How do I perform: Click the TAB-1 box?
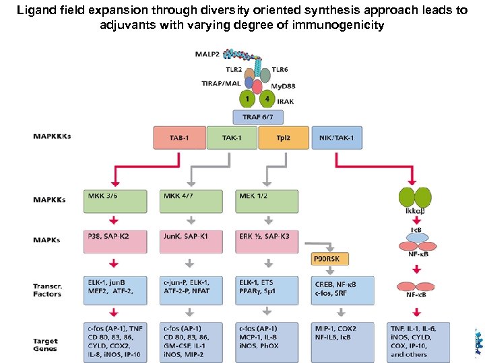tap(179, 138)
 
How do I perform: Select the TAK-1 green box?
tap(232, 138)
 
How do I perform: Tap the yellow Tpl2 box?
tap(284, 138)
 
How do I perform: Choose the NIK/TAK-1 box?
tap(337, 138)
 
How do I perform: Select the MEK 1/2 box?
tap(267, 201)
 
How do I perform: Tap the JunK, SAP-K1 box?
tap(191, 241)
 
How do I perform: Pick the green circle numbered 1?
tap(248, 99)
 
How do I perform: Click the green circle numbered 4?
tap(267, 99)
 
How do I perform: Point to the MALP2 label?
tap(208, 53)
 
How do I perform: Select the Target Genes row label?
tap(46, 345)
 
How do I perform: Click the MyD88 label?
tap(282, 85)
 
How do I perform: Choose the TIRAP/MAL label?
tap(220, 83)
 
